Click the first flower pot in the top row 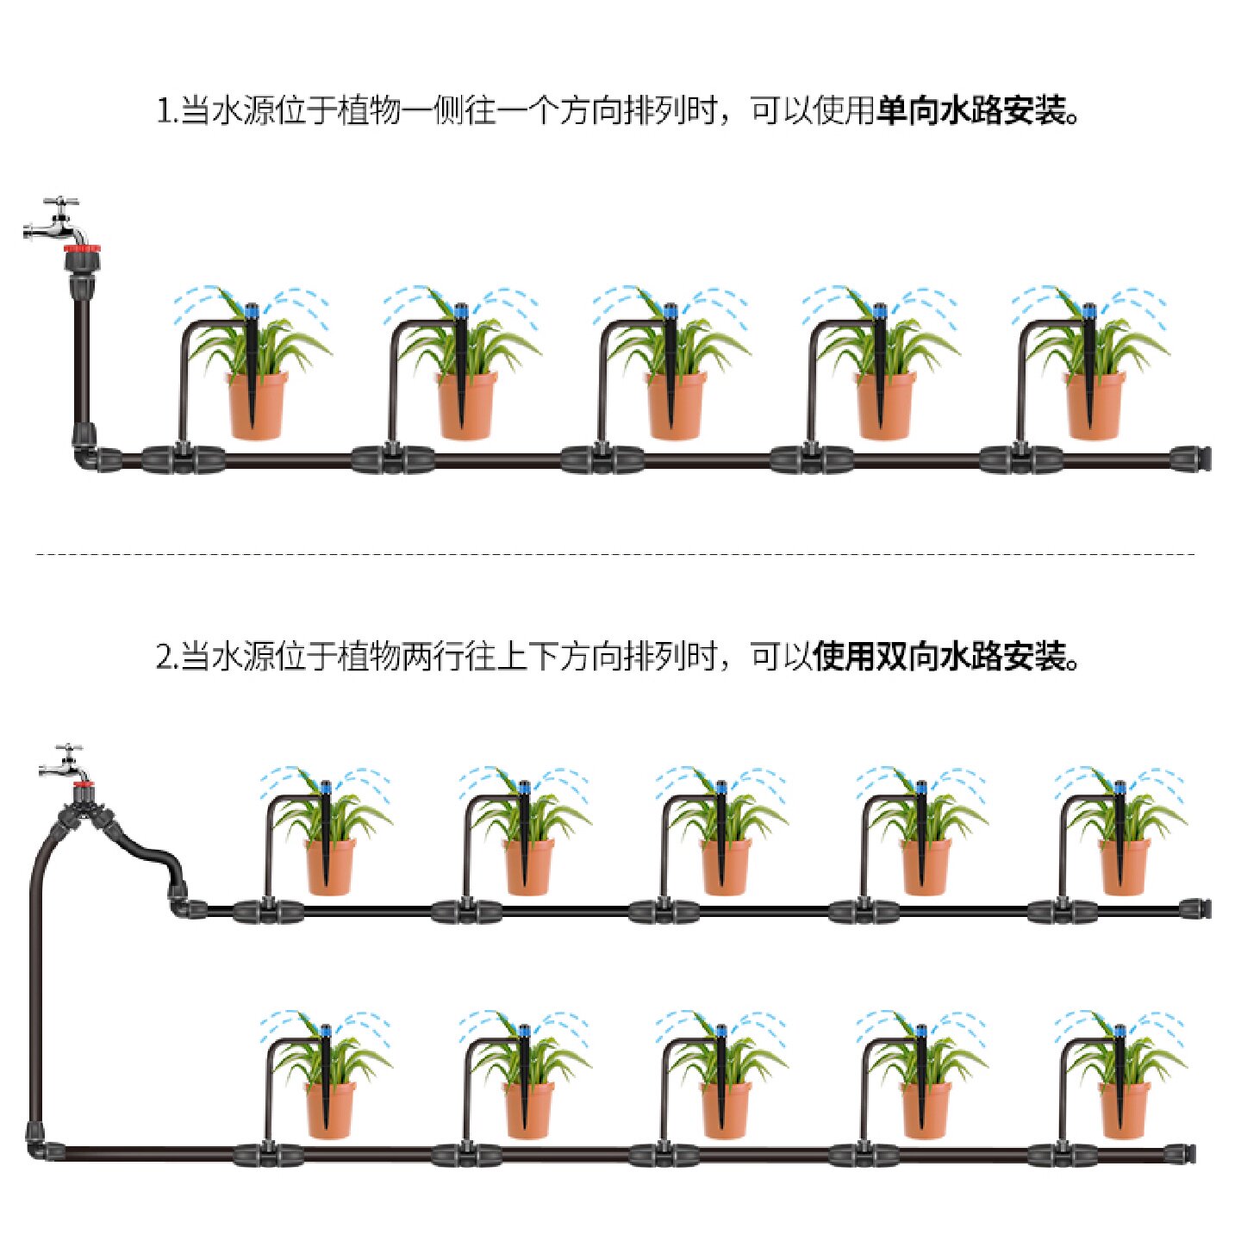coord(256,405)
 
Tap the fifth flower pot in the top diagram coord(1094,405)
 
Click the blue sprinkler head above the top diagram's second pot coord(460,309)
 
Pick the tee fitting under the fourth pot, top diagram coord(811,458)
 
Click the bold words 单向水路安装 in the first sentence coord(970,111)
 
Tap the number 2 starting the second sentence coord(164,658)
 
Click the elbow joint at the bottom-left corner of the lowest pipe coord(38,1147)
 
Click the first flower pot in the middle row coord(330,866)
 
